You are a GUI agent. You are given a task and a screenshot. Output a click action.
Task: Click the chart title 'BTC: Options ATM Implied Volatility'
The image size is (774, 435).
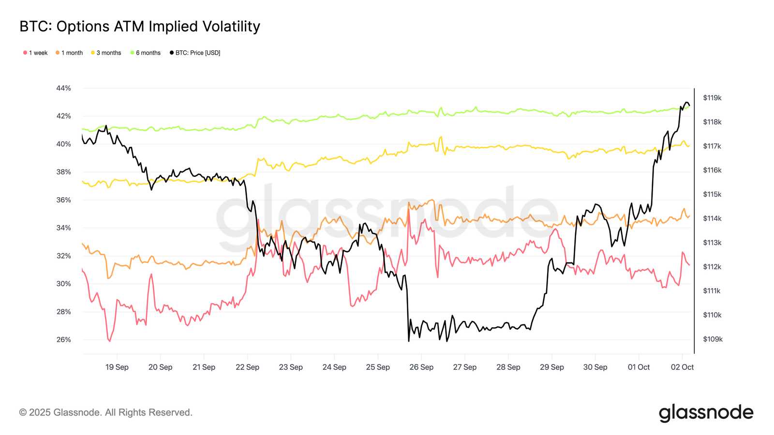pyautogui.click(x=140, y=26)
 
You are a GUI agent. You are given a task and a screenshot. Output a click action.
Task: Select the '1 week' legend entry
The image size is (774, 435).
pyautogui.click(x=35, y=53)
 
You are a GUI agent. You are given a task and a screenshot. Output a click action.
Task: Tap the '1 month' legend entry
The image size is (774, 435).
pyautogui.click(x=69, y=53)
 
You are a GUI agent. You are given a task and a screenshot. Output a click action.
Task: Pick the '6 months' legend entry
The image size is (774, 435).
pyautogui.click(x=146, y=53)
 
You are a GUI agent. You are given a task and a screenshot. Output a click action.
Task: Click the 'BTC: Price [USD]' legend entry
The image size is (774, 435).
pyautogui.click(x=195, y=53)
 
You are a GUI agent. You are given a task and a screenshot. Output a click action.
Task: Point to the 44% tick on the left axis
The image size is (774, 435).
pyautogui.click(x=63, y=88)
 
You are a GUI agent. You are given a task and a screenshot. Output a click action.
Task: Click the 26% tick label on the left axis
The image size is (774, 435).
pyautogui.click(x=63, y=340)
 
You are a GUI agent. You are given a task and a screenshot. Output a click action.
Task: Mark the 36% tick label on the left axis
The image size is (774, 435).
pyautogui.click(x=63, y=200)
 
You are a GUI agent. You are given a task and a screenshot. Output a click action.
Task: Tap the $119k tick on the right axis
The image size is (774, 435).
pyautogui.click(x=712, y=98)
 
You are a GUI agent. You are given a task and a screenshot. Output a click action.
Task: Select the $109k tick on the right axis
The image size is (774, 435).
pyautogui.click(x=712, y=339)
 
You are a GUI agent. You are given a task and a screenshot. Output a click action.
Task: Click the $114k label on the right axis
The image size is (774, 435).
pyautogui.click(x=712, y=218)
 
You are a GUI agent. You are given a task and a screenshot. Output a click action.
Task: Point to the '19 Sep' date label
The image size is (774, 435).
pyautogui.click(x=117, y=367)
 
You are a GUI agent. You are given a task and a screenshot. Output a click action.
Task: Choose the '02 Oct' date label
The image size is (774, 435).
pyautogui.click(x=682, y=367)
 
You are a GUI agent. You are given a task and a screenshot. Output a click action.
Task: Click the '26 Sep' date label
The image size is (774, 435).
pyautogui.click(x=421, y=367)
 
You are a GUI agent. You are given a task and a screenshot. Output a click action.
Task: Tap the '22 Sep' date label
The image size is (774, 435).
pyautogui.click(x=247, y=367)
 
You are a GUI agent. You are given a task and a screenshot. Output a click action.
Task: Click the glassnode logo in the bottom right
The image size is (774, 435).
pyautogui.click(x=706, y=413)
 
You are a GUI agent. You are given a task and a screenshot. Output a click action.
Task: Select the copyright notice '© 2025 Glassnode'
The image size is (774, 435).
pyautogui.click(x=106, y=413)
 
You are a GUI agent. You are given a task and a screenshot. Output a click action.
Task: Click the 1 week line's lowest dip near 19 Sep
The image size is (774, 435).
pyautogui.click(x=109, y=341)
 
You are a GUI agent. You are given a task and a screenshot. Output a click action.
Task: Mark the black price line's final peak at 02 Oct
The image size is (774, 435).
pyautogui.click(x=686, y=102)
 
